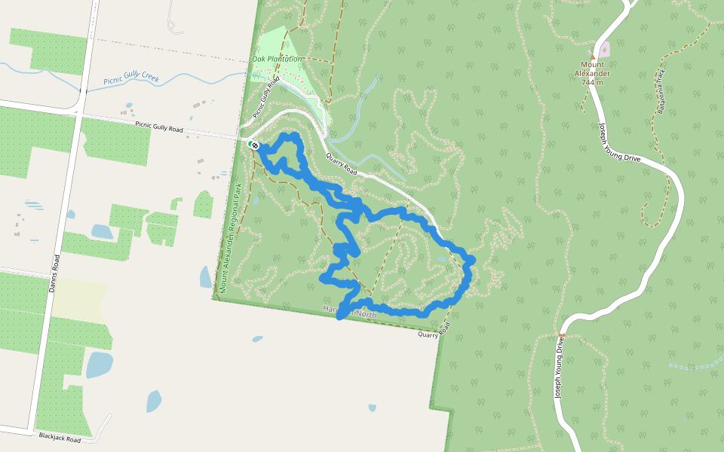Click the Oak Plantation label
pyautogui.click(x=278, y=59)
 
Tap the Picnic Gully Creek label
pyautogui.click(x=131, y=79)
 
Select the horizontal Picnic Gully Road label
pyautogui.click(x=159, y=129)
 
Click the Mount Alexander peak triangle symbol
pyautogui.click(x=593, y=56)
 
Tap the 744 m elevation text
pyautogui.click(x=593, y=82)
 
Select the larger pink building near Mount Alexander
pyautogui.click(x=604, y=49)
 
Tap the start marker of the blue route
pyautogui.click(x=256, y=144)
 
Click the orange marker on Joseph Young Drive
pyautogui.click(x=561, y=334)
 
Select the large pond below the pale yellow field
pyautogui.click(x=99, y=365)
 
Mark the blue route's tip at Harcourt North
pyautogui.click(x=340, y=316)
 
